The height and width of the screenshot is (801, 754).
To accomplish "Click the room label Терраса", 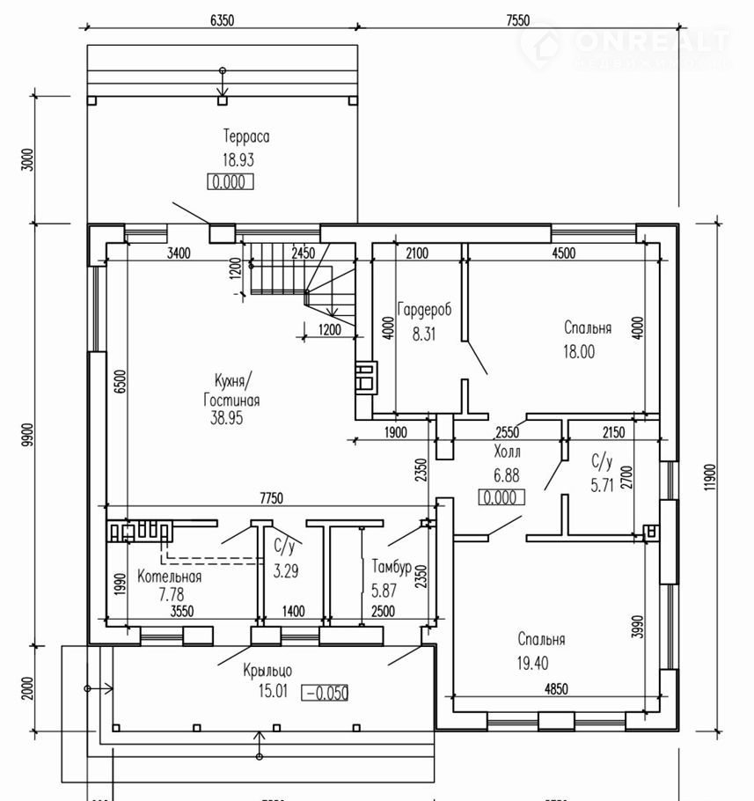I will (245, 137).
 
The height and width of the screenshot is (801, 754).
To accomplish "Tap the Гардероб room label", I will (423, 310).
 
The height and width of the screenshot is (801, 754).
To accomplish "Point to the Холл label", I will (508, 452).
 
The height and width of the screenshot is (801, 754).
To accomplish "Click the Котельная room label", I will (170, 577).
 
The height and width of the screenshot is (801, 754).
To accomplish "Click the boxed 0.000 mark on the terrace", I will (231, 182).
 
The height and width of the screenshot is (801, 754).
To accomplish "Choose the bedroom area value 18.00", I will (580, 350).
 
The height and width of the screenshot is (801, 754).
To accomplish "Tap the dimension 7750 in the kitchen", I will (271, 498).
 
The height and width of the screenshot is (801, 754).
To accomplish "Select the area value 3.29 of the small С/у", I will (286, 570).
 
